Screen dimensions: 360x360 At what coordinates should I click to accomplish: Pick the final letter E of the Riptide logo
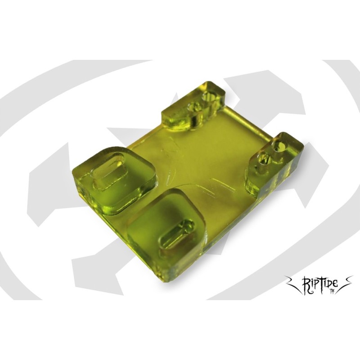click(336, 285)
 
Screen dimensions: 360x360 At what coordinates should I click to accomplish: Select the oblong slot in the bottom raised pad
click(176, 234)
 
